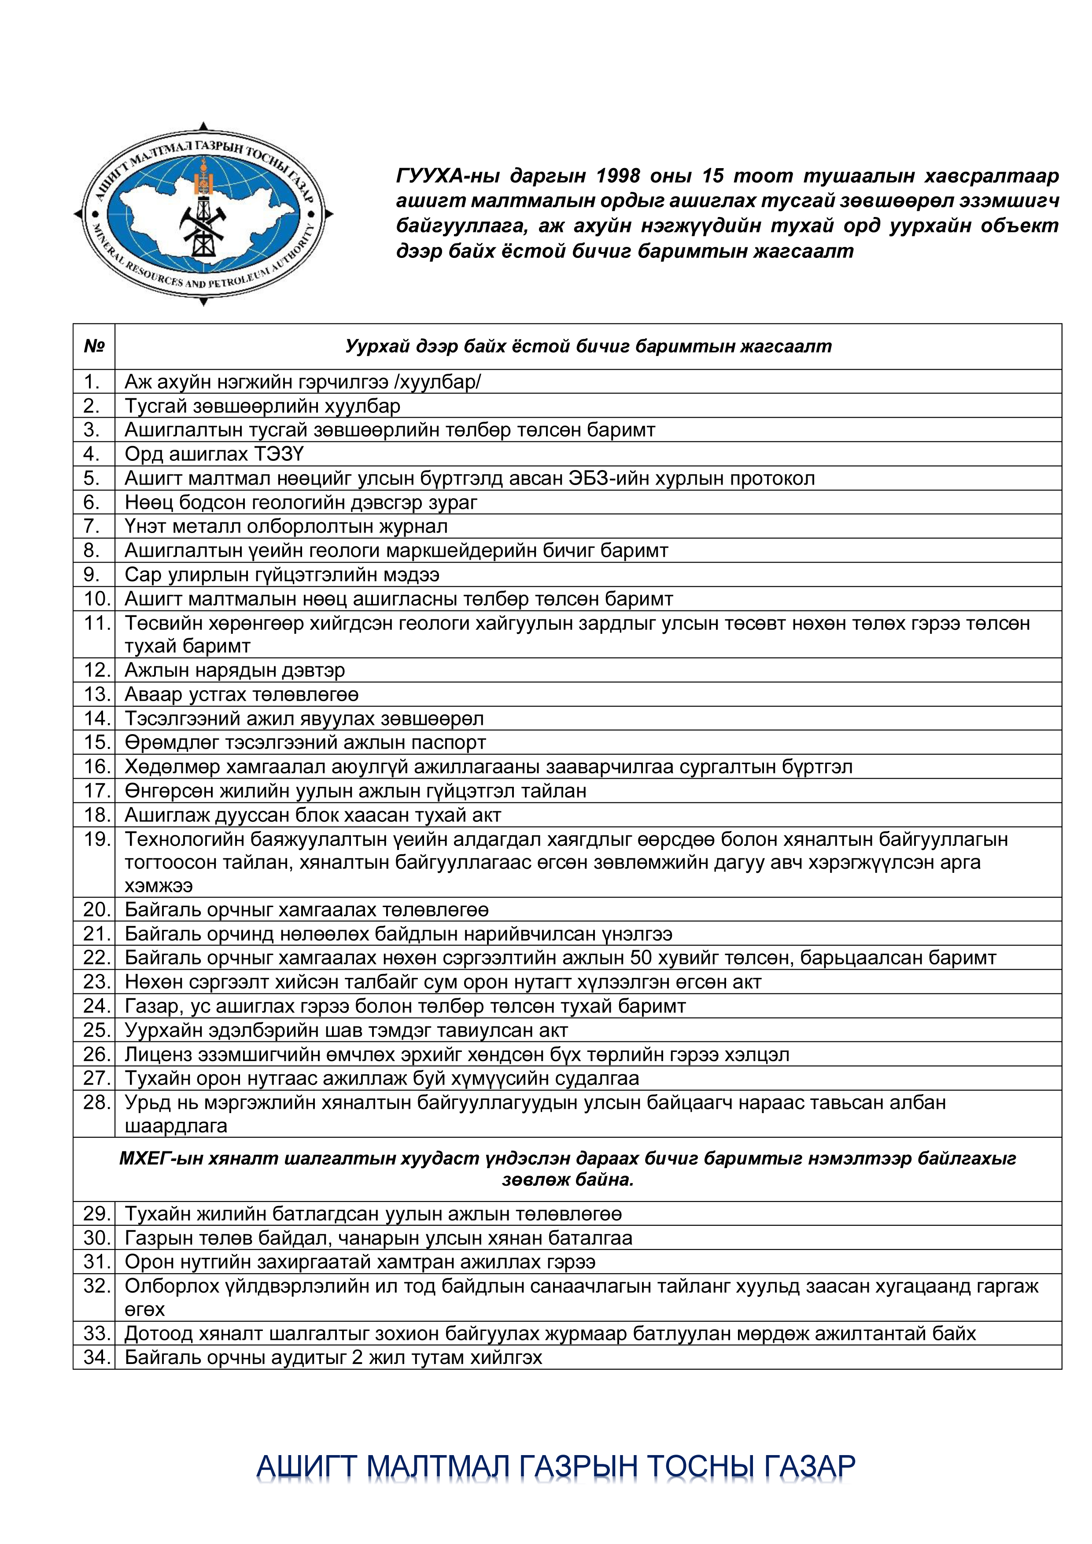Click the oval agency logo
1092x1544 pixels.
[203, 214]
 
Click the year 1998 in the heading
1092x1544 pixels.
[618, 176]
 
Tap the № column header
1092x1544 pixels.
[94, 346]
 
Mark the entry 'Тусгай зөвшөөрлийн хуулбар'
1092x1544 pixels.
[262, 406]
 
